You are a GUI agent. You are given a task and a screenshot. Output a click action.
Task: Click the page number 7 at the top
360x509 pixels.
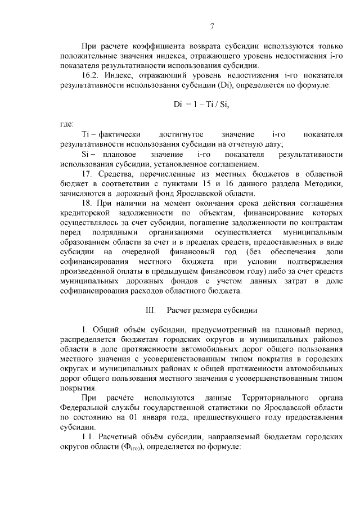pyautogui.click(x=212, y=26)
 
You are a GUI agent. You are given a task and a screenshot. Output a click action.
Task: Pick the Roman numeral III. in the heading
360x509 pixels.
pyautogui.click(x=150, y=310)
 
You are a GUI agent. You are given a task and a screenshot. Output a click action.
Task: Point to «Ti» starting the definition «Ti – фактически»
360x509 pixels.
pyautogui.click(x=85, y=134)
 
